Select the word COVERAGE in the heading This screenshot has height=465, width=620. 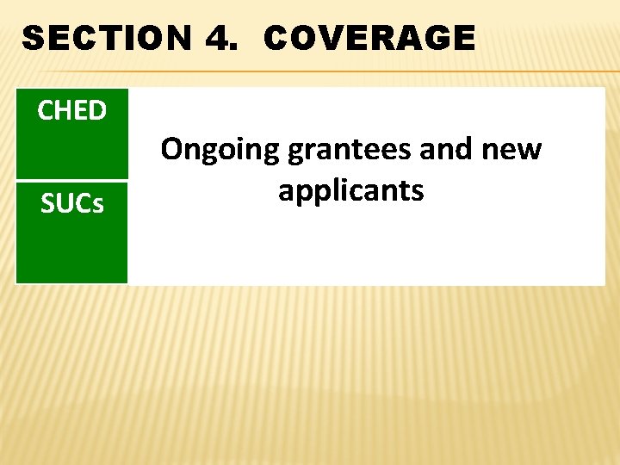pyautogui.click(x=369, y=39)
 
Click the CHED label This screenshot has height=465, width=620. pyautogui.click(x=72, y=111)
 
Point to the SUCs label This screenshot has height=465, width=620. pyautogui.click(x=72, y=205)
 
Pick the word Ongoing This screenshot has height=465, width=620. pyautogui.click(x=220, y=152)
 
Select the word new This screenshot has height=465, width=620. pyautogui.click(x=513, y=151)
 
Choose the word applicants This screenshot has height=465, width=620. pyautogui.click(x=351, y=191)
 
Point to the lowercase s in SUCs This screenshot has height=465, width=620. pyautogui.click(x=98, y=207)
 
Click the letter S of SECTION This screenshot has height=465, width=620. pyautogui.click(x=33, y=39)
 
